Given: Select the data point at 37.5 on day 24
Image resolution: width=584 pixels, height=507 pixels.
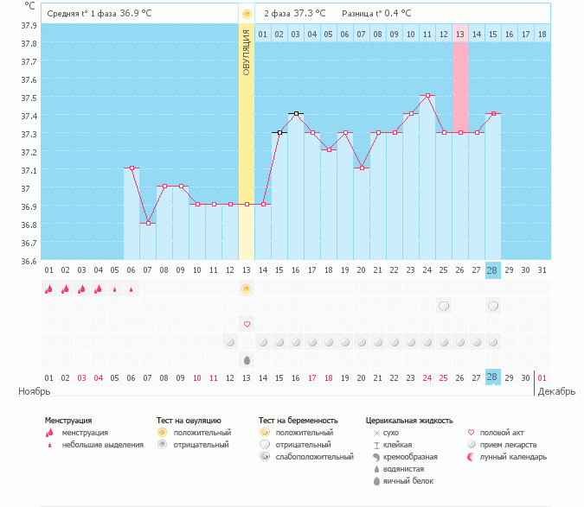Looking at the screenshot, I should (427, 96).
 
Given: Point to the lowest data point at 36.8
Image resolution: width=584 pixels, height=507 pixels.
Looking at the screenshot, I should (148, 224).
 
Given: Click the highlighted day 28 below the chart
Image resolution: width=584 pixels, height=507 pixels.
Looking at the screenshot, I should (493, 270).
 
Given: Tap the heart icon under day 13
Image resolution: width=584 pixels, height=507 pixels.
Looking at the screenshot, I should (247, 324).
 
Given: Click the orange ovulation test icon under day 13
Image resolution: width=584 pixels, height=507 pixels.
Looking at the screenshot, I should (247, 288).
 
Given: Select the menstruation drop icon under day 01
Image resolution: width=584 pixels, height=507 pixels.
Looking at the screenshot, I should (49, 288).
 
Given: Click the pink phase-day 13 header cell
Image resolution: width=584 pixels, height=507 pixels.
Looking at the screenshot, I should (460, 34).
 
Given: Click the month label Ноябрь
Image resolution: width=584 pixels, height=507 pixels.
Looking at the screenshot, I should (34, 391).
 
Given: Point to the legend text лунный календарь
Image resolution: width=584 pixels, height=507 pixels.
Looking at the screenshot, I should (510, 456).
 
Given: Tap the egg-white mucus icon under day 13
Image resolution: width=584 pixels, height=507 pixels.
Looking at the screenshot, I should (247, 359).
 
